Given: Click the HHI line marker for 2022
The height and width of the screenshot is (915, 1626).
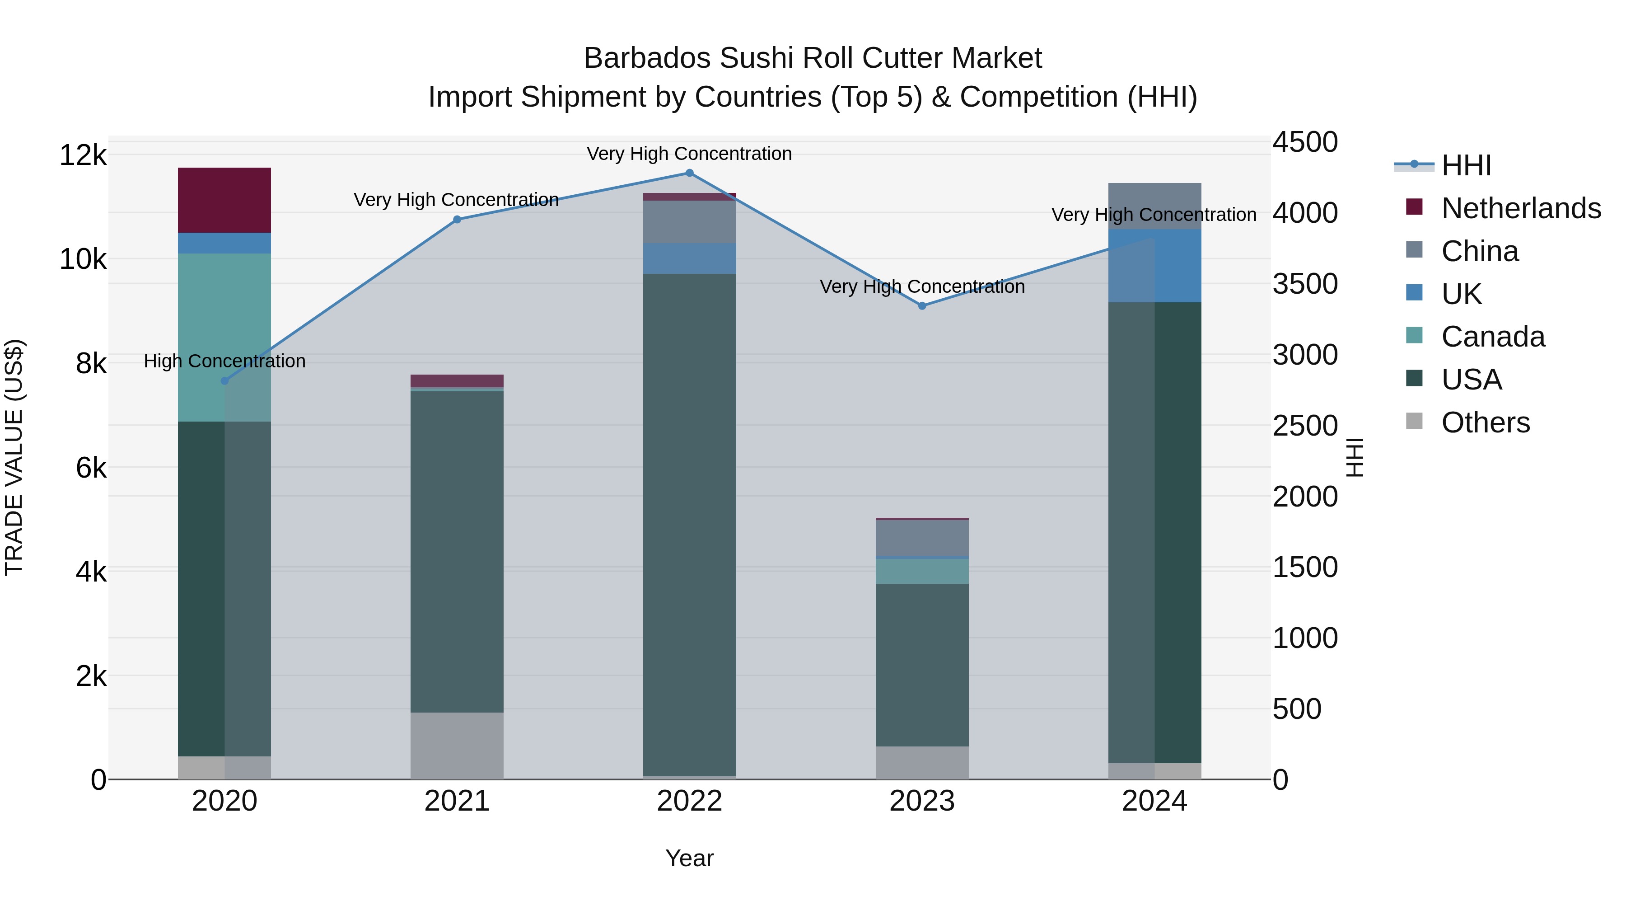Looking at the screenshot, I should [x=689, y=173].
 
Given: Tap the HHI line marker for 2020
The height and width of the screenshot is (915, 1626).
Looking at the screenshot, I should [x=225, y=381].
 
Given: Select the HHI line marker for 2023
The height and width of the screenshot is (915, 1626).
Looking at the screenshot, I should [x=922, y=305].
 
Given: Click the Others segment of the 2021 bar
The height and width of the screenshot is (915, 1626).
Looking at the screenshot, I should [x=457, y=746].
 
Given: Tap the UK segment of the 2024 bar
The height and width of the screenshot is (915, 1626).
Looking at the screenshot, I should [x=1154, y=266].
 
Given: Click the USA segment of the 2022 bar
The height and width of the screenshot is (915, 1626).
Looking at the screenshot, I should [x=689, y=524].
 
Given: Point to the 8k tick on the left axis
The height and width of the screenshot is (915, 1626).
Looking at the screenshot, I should [x=91, y=364].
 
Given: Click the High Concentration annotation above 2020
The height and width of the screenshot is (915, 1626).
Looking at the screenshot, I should [x=225, y=361].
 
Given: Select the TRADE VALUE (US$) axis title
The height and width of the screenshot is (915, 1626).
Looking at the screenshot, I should [x=14, y=457].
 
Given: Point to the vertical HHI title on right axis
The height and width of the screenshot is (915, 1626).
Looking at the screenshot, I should [x=1355, y=457].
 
